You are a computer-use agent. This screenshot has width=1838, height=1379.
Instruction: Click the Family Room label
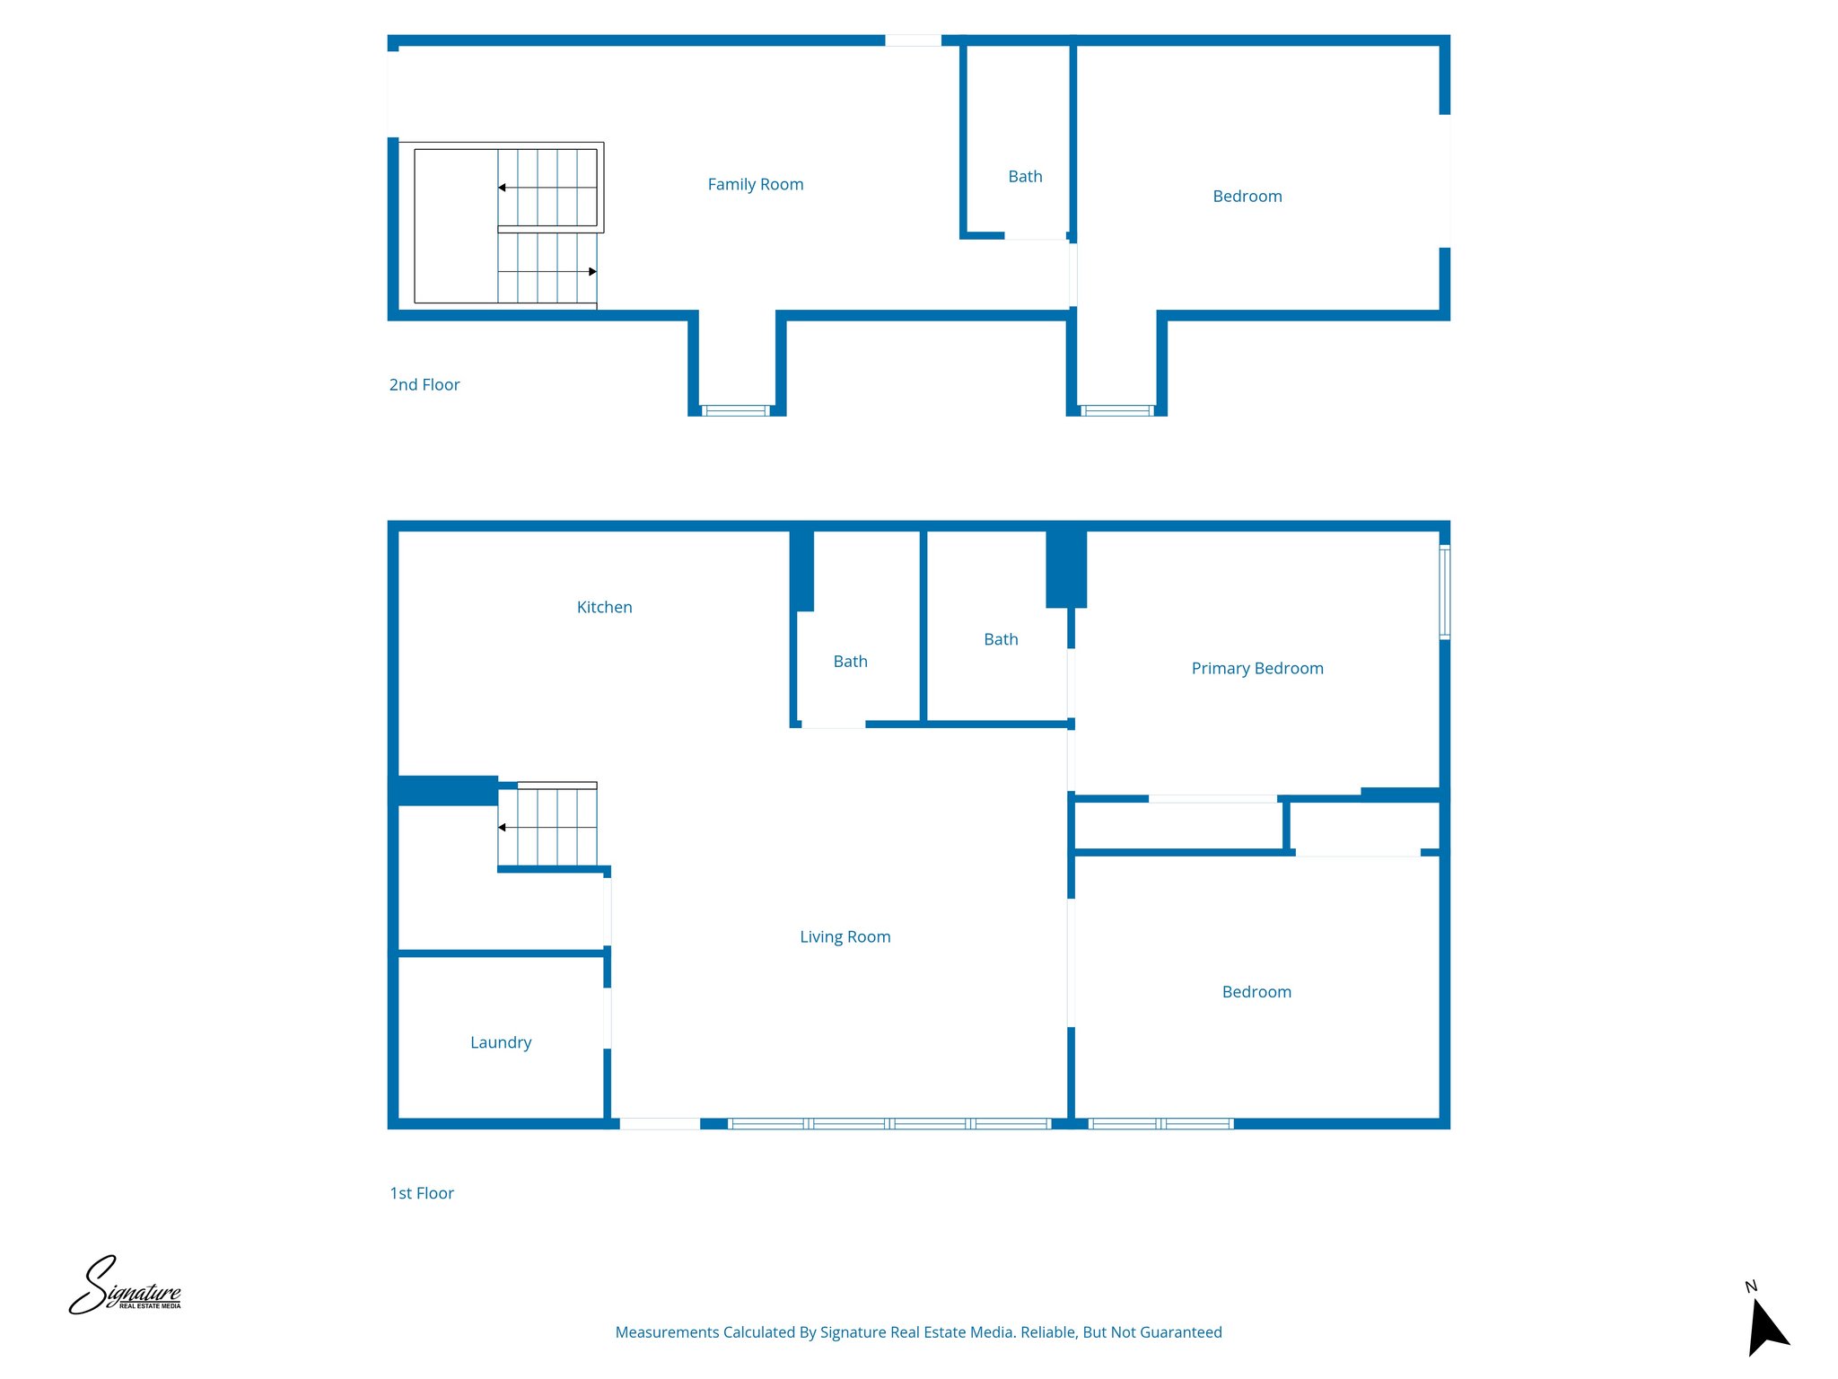[755, 184]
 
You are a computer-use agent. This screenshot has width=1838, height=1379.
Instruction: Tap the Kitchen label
[604, 607]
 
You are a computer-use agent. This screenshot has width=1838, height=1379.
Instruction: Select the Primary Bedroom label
[1256, 668]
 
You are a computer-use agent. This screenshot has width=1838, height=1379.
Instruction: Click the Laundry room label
[501, 1042]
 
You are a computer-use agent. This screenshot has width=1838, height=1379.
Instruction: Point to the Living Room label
[845, 936]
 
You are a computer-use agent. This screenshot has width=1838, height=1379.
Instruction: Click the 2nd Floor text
[424, 384]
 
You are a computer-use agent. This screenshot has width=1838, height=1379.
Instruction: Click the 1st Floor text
[421, 1193]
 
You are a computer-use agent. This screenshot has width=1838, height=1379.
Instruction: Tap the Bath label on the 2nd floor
[1025, 177]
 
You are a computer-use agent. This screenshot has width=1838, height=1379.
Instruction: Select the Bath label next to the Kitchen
[850, 662]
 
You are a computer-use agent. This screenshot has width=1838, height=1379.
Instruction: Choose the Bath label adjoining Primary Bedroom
[1001, 639]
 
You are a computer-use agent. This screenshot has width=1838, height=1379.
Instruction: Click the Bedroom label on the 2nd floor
[1247, 196]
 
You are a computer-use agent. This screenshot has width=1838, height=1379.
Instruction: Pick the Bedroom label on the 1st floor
[1256, 992]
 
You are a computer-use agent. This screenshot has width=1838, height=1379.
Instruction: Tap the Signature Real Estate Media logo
[126, 1287]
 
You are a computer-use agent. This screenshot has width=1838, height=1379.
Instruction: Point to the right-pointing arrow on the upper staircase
[592, 271]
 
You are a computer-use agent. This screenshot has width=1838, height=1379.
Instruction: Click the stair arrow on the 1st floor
[503, 827]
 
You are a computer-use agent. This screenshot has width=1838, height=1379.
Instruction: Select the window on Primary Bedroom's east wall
[1444, 593]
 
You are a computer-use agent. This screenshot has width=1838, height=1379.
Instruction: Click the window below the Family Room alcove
[735, 410]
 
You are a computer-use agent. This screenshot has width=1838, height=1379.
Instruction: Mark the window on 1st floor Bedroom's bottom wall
[1160, 1123]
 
